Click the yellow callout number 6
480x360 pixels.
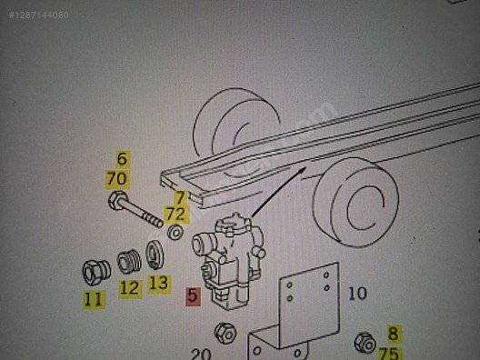tap(122, 159)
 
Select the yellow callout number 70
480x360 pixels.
tap(117, 179)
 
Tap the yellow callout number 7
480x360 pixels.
tap(181, 197)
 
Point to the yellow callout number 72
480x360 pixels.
tap(176, 214)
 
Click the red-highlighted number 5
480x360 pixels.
tap(193, 296)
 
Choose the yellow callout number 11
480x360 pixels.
tap(94, 299)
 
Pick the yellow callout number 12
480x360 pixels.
tap(130, 289)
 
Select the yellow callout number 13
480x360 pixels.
tap(159, 283)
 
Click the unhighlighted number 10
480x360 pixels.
tap(357, 294)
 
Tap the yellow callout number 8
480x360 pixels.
tap(394, 334)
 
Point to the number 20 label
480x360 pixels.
tap(201, 354)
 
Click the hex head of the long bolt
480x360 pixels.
tap(118, 200)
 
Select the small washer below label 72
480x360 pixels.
tap(175, 233)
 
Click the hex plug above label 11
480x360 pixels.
tap(96, 272)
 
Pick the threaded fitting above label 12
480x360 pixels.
tap(129, 262)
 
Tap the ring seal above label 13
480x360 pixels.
tap(155, 255)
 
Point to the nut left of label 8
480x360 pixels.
tap(365, 342)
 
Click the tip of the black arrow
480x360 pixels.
tap(306, 167)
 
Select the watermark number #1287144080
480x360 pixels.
tap(39, 15)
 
